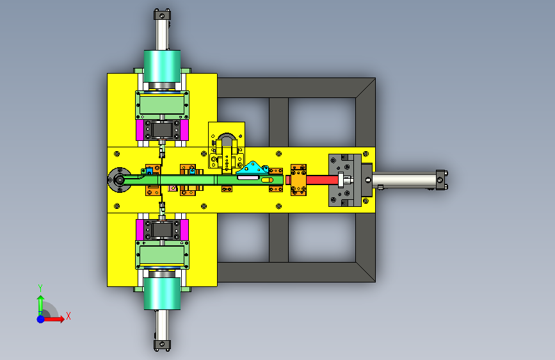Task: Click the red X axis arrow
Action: [53, 319]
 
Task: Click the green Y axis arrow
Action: [40, 305]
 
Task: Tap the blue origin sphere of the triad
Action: [40, 319]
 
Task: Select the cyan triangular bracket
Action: [252, 168]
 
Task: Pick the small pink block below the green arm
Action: [173, 188]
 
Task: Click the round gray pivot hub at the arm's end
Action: [119, 180]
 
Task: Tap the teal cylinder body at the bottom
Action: [162, 293]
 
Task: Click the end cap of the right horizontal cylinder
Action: [442, 179]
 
